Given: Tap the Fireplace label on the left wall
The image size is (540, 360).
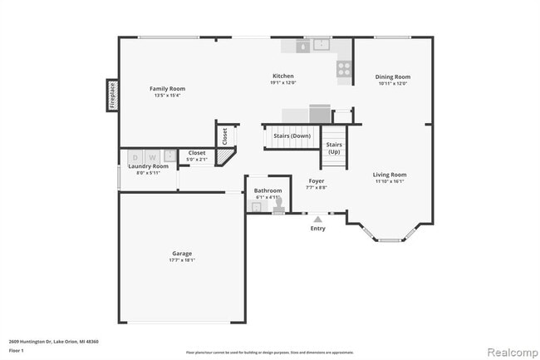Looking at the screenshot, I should pos(112,95).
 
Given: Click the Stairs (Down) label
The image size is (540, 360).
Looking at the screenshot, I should pos(293,136).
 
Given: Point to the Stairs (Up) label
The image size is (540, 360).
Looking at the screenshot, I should pos(334,148).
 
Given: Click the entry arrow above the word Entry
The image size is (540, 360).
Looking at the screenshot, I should pos(317,219).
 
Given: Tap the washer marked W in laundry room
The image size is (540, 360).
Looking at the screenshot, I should pos(151,156).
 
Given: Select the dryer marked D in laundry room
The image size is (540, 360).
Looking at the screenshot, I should pos(135,156).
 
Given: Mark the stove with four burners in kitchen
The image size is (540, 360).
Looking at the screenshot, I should pos(343,69).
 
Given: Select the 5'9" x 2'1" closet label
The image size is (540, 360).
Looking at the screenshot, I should pos(197,159).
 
